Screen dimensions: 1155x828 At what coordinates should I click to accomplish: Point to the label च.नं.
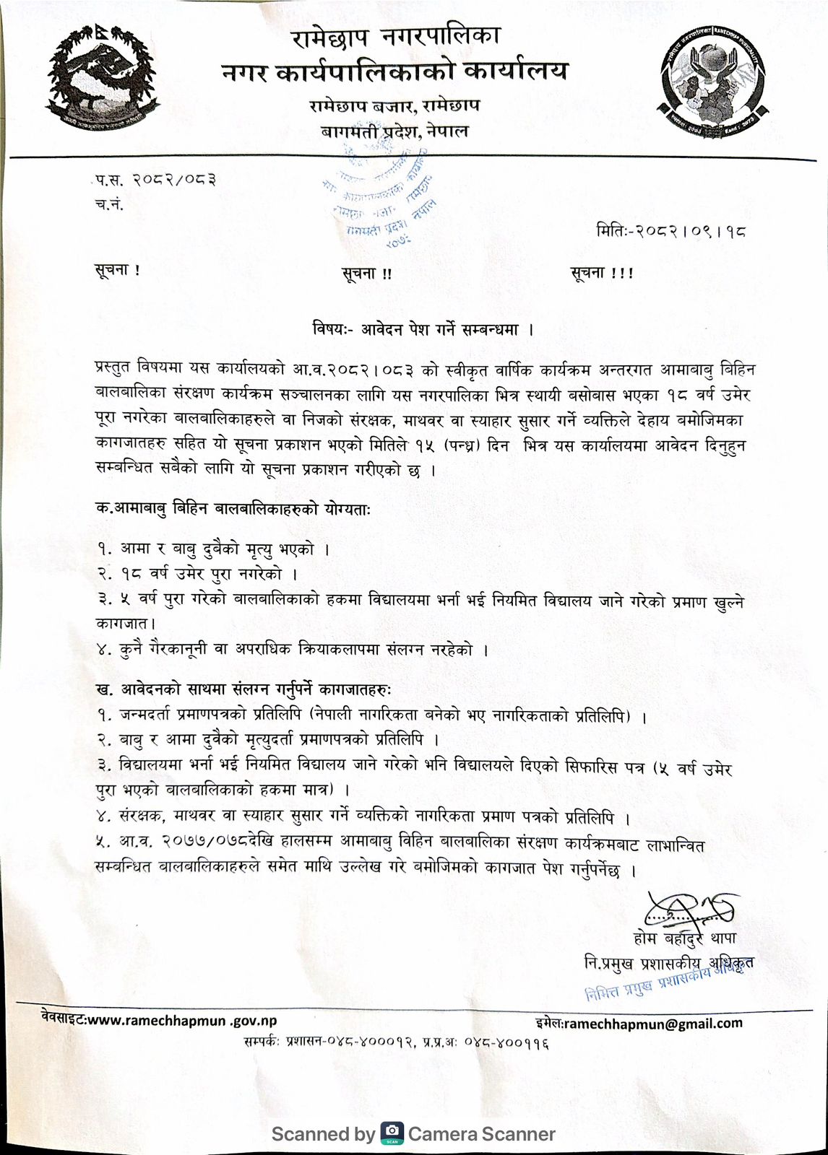(x=109, y=204)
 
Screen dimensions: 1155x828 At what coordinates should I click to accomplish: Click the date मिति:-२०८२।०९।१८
(x=671, y=232)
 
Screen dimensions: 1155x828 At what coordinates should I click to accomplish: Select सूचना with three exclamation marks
(x=601, y=274)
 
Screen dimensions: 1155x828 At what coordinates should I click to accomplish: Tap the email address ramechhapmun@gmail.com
(x=653, y=1023)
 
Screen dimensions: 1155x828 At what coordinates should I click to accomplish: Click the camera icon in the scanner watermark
(x=392, y=1133)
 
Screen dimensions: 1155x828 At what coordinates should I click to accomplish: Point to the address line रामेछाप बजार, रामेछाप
(x=394, y=106)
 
